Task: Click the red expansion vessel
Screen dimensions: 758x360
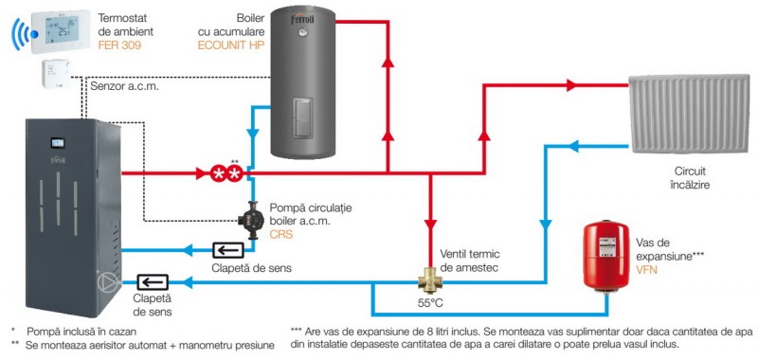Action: point(606,256)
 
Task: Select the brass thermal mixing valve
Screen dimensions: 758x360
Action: point(430,281)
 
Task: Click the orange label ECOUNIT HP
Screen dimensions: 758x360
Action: point(231,46)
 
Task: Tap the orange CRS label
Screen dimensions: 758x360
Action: point(281,235)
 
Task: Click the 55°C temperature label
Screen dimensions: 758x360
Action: point(430,304)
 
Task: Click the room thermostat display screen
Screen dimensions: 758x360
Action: point(62,30)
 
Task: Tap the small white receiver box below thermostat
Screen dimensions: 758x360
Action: point(56,74)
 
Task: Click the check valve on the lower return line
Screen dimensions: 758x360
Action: point(153,281)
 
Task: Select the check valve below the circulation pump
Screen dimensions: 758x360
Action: point(228,250)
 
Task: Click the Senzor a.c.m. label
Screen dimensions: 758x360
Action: point(125,87)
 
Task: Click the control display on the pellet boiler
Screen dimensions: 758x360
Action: point(58,143)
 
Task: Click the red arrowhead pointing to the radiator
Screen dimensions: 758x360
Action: point(571,85)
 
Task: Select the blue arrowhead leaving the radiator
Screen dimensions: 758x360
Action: point(573,145)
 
